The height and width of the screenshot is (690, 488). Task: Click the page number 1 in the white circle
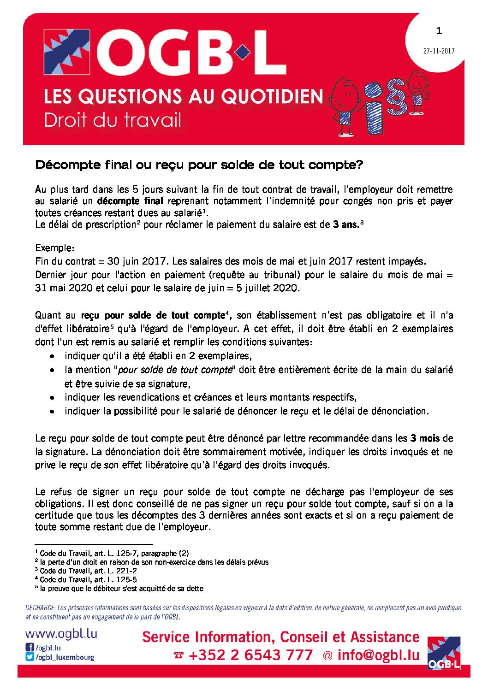(x=439, y=31)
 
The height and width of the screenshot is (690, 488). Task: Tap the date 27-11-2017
(x=439, y=51)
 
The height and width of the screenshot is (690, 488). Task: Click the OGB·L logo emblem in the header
(x=67, y=52)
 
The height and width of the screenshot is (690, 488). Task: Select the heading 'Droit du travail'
(x=113, y=120)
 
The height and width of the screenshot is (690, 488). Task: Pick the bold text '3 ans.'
(x=346, y=224)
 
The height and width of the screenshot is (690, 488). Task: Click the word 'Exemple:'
(x=54, y=248)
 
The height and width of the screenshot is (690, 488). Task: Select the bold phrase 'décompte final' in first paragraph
(x=130, y=201)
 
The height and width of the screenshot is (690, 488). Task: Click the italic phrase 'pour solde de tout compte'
(x=175, y=370)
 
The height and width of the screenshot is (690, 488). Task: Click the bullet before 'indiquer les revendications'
(x=54, y=397)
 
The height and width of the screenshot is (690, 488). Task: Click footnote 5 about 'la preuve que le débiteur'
(x=121, y=589)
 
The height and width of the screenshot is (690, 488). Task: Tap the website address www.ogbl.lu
(x=61, y=634)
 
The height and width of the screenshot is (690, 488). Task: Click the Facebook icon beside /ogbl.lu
(x=30, y=648)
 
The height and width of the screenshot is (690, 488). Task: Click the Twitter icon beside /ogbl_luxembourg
(x=30, y=657)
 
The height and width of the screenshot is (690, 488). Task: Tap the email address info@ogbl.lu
(x=378, y=655)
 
